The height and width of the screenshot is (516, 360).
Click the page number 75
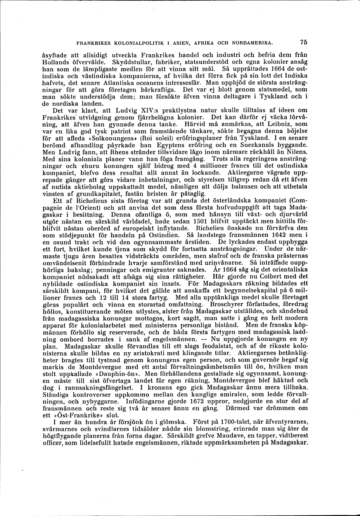coord(303,42)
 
